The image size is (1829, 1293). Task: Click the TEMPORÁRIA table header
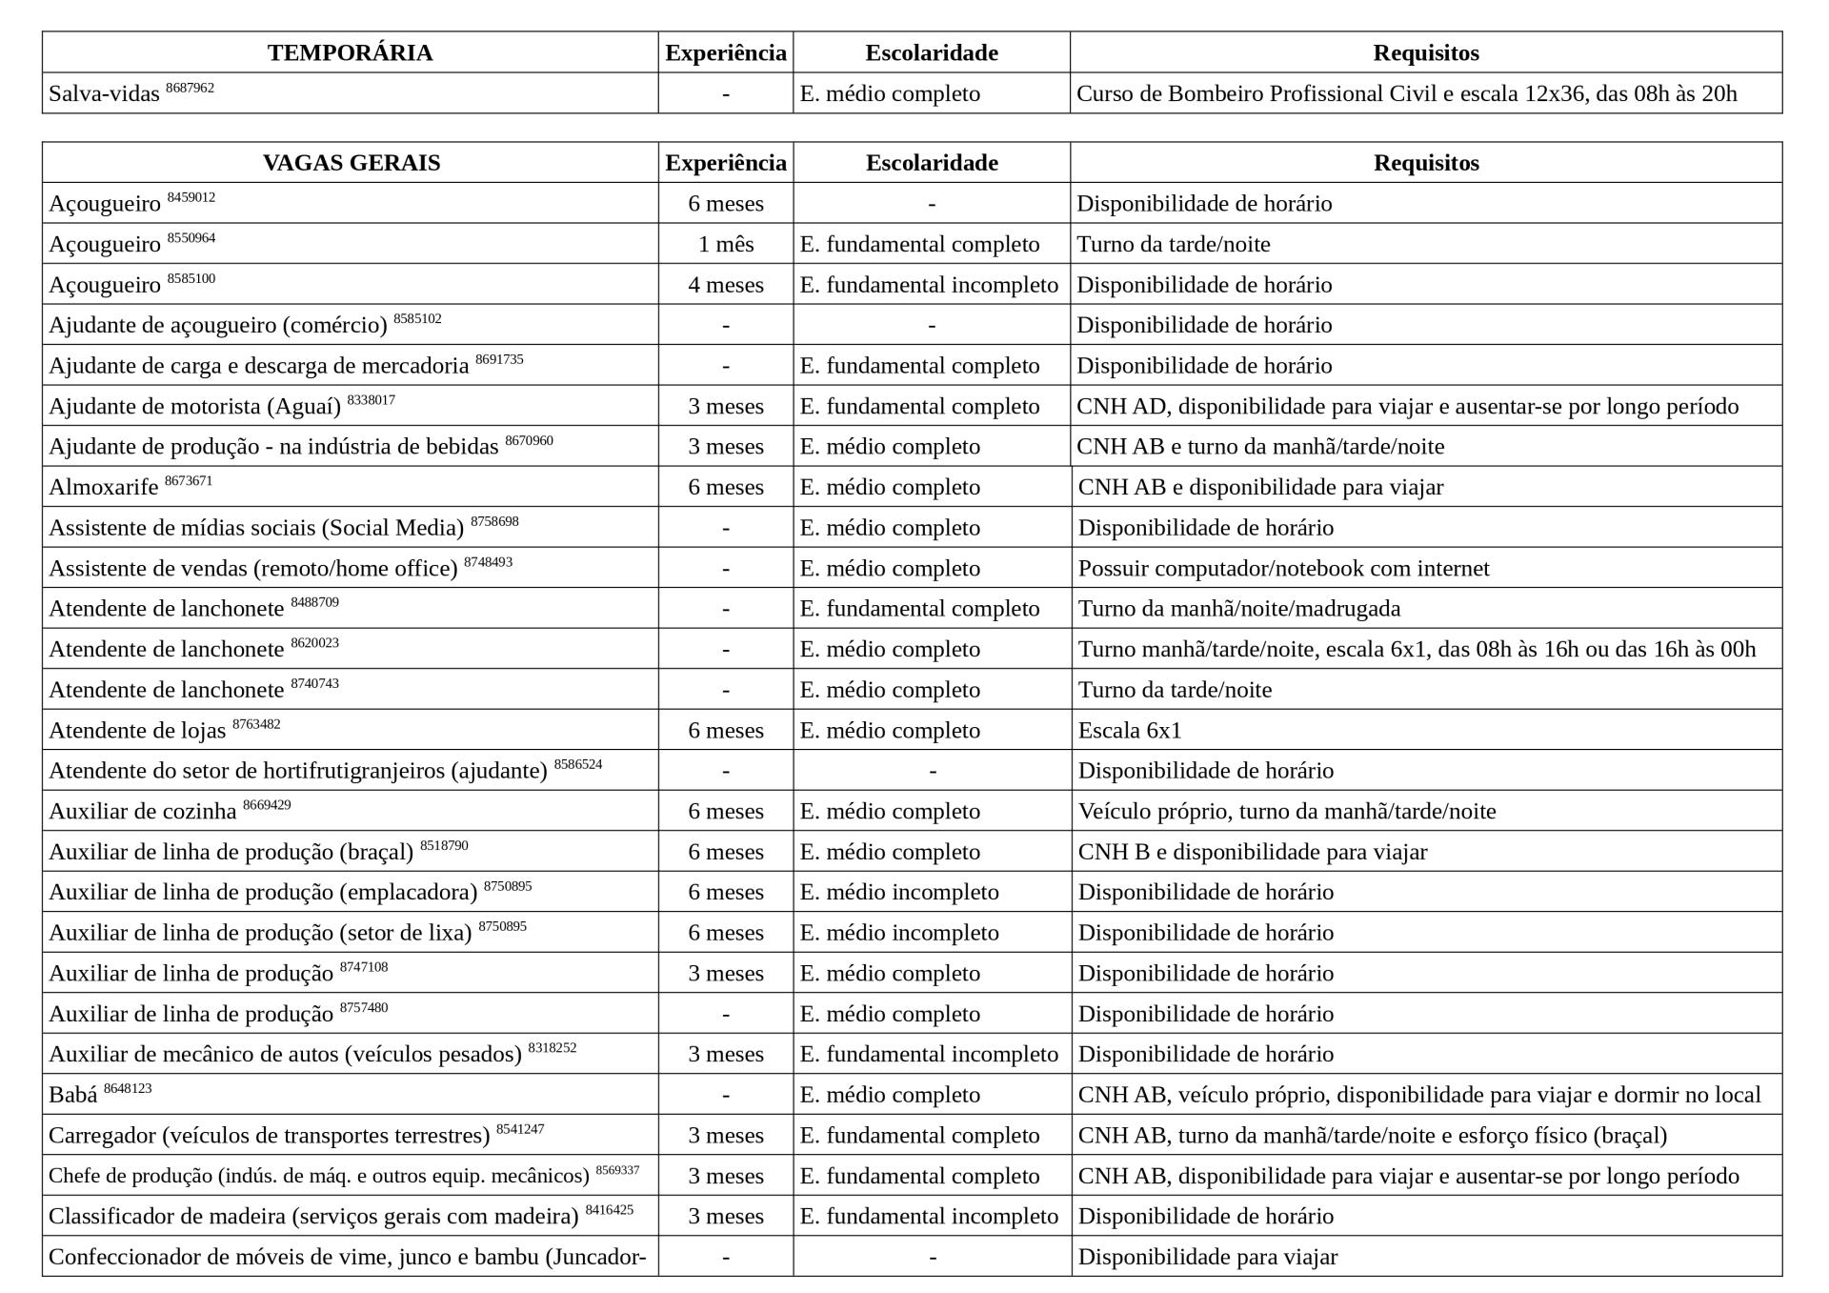[350, 52]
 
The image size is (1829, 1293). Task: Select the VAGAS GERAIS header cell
[351, 163]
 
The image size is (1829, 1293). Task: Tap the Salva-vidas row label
[104, 94]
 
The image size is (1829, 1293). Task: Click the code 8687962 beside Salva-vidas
[190, 88]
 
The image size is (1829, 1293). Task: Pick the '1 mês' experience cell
[725, 245]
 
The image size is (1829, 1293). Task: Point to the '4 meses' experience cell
[725, 285]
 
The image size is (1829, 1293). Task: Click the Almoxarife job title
[104, 488]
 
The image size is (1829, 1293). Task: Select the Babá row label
[73, 1096]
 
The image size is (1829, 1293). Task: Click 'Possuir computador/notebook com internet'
[1283, 569]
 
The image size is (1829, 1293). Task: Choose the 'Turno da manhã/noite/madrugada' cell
[1238, 609]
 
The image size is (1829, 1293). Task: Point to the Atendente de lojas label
[137, 731]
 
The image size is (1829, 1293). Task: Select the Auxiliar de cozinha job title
[142, 812]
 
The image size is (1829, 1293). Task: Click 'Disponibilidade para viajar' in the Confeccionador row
[1207, 1257]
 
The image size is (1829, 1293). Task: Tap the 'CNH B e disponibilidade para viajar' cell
[1252, 852]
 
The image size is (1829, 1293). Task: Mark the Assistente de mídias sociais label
[255, 528]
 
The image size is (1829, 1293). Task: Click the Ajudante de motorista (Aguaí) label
[194, 407]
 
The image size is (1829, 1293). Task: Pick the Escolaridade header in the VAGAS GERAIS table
[931, 163]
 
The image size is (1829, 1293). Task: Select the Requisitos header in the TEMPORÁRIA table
[1425, 52]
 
